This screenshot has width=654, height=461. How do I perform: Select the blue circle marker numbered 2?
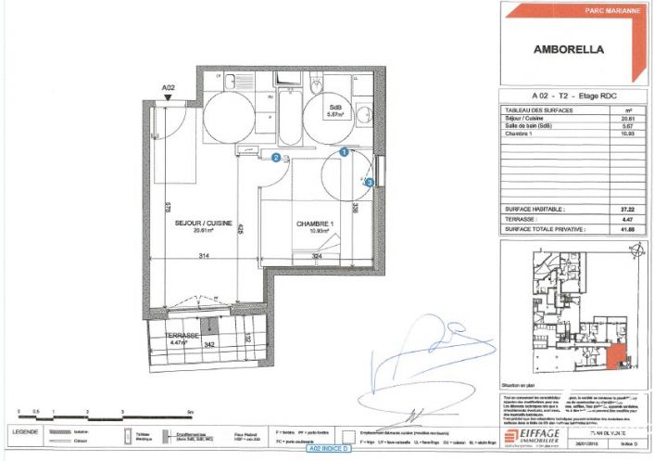coord(276,158)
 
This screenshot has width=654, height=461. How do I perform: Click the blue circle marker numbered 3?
coord(370,184)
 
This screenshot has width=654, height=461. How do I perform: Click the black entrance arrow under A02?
coord(168,96)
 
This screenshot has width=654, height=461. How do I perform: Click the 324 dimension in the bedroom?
coord(317,255)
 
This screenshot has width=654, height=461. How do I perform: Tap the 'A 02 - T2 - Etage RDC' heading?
coord(573,96)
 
